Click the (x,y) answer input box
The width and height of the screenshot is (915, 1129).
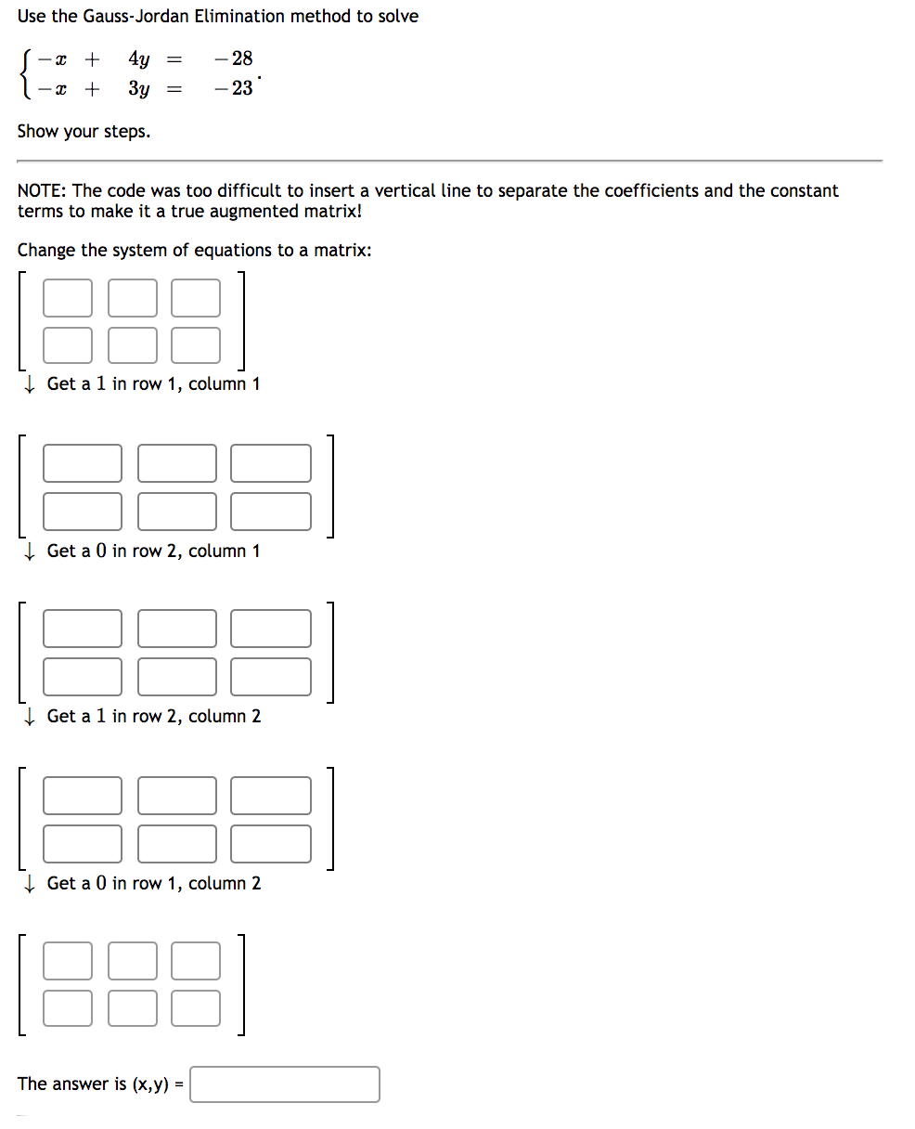[285, 1084]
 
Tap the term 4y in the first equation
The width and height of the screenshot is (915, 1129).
[139, 59]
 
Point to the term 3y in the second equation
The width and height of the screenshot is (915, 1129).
[139, 89]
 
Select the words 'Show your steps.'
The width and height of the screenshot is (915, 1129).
[84, 131]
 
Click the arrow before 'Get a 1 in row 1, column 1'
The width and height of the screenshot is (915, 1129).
[30, 383]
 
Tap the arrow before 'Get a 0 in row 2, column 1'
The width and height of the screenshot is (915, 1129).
[30, 551]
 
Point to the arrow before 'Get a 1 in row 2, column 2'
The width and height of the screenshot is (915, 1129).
[30, 716]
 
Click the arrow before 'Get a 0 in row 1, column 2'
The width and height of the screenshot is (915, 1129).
[30, 883]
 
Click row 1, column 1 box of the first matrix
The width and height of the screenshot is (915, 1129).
[68, 298]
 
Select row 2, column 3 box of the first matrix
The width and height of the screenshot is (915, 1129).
[196, 345]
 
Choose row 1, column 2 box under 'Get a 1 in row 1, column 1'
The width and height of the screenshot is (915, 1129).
[177, 463]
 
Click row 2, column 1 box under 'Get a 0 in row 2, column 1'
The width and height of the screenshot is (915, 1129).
[83, 676]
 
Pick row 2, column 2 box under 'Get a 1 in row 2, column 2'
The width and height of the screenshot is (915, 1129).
[177, 843]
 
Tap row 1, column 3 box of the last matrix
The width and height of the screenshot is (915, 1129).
[196, 961]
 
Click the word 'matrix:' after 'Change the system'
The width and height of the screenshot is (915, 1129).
[342, 251]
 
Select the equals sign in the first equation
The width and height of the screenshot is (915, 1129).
[173, 59]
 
